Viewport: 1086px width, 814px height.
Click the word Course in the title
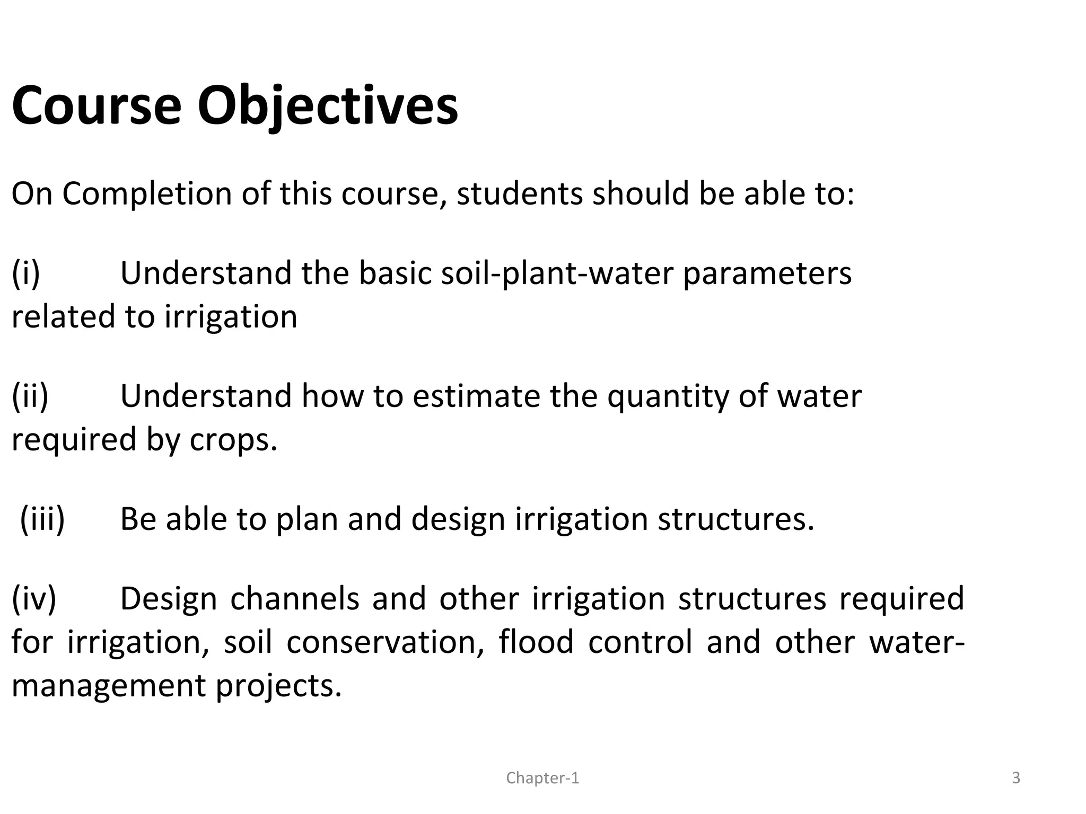click(x=97, y=106)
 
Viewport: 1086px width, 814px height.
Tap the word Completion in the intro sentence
click(x=147, y=194)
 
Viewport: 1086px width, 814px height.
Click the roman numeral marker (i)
click(x=26, y=273)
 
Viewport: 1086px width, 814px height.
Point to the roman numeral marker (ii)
click(x=30, y=396)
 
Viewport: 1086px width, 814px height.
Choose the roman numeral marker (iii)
click(x=42, y=519)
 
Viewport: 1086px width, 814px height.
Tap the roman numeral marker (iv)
click(x=34, y=599)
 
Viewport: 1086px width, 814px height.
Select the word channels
click(x=294, y=599)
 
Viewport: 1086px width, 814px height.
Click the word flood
click(x=536, y=642)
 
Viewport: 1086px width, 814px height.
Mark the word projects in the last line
click(x=278, y=687)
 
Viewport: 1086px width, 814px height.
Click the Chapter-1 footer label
click(x=542, y=778)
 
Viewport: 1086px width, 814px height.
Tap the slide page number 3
click(x=1016, y=778)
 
